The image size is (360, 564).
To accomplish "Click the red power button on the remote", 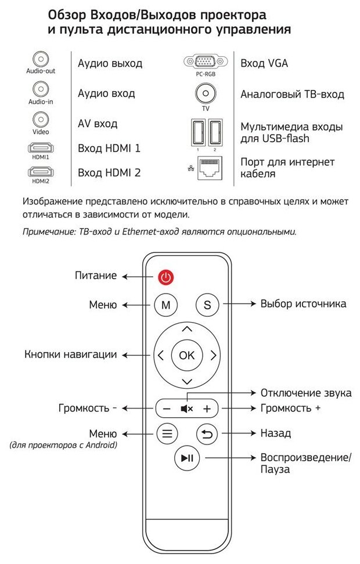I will coord(165,277).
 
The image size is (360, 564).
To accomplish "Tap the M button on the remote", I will coord(165,304).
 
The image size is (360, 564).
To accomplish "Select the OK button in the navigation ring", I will coord(186,355).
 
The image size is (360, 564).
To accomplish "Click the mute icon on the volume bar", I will coord(186,408).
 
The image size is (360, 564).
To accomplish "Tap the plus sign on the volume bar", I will coord(206,408).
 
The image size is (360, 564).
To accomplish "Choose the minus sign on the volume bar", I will coord(167,408).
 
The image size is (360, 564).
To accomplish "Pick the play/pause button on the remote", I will coord(186,458).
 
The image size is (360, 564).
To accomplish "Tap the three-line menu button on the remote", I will coord(167,433).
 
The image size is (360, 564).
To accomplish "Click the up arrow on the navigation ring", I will coord(186,329).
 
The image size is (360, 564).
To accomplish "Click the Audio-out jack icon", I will coord(40,59).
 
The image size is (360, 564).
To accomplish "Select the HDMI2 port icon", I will coord(40,171).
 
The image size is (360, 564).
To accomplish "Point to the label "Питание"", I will coord(96,276).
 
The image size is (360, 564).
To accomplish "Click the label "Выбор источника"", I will coord(303,303).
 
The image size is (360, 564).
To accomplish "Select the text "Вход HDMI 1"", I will coord(109,148).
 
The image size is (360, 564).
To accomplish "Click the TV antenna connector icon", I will coord(205,93).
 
